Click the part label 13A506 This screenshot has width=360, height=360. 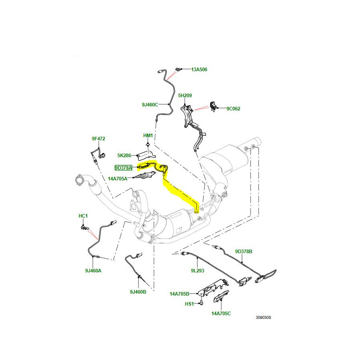coord(199,70)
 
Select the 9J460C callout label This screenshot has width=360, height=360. coord(150,105)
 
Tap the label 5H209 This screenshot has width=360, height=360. coord(185,96)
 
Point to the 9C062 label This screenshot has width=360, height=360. coord(233,108)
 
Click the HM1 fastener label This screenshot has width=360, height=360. coord(148,136)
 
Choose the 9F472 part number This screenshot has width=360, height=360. coord(98,139)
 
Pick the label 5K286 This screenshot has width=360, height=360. coord(124,155)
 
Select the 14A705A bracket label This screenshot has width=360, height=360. coord(118,178)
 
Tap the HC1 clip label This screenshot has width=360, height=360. coord(83,216)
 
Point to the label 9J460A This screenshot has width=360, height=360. coord(93,271)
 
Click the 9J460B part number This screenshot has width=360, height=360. coord(138,292)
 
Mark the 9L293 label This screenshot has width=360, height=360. coord(198,271)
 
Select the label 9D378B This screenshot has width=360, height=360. coord(244,252)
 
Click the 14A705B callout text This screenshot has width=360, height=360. coord(179,294)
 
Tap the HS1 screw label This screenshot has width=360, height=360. coord(189,304)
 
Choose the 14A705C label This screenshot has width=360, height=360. coord(221,314)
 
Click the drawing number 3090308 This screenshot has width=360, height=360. coord(264,318)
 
